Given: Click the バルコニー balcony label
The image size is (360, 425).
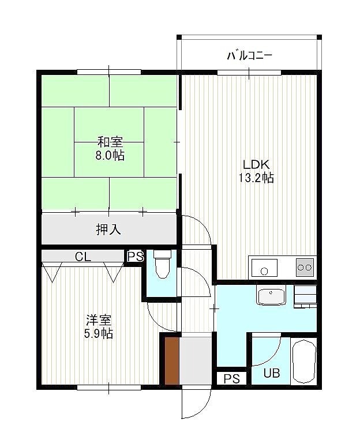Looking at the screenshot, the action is click(249, 55).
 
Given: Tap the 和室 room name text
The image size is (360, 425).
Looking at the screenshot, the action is click(110, 142).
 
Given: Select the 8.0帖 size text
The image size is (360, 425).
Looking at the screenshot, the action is click(110, 155).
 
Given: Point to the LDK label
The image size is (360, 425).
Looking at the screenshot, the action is click(256, 164).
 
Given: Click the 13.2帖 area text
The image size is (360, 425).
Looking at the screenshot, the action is click(256, 178).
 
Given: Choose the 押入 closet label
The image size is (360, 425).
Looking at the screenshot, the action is click(108, 230).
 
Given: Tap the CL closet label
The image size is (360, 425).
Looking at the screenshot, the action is click(82, 257).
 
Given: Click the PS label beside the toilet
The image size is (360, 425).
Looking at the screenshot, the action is click(135, 257).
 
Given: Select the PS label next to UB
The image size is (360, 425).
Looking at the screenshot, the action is click(232, 379).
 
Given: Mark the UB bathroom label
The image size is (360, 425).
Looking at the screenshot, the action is click(271, 373).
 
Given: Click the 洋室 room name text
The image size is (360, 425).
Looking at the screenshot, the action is click(99, 320).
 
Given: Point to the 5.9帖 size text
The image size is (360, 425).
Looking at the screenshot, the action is click(99, 334).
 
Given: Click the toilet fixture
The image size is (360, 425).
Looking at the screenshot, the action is click(162, 264).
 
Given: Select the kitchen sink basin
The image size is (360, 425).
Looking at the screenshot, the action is click(264, 268).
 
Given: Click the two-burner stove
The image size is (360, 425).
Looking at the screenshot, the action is click(305, 268).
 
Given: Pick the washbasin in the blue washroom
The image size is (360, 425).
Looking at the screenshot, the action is click(271, 296).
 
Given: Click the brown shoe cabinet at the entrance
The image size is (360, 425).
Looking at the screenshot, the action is click(172, 361).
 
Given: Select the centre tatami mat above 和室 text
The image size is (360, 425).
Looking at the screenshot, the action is click(109, 125).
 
